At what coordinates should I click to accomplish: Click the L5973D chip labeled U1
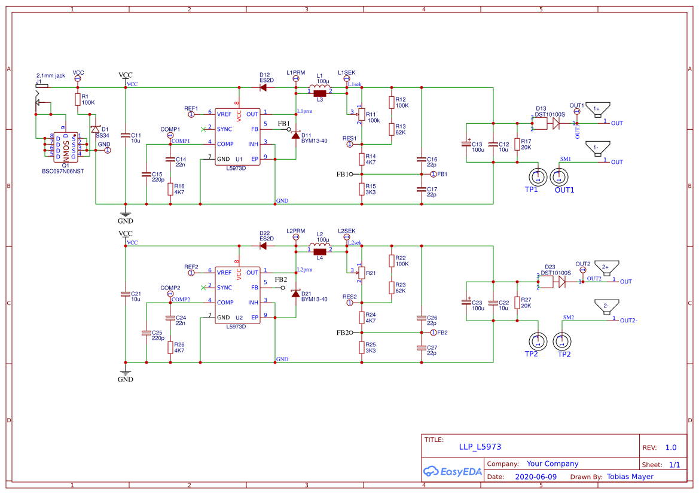[237, 136]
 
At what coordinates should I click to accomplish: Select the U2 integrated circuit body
[237, 295]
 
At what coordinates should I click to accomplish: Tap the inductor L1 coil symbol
[319, 90]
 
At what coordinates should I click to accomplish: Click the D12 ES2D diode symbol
[263, 87]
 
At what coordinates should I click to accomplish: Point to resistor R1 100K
[77, 99]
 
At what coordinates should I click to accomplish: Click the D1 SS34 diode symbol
[96, 130]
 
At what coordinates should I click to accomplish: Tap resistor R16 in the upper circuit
[170, 189]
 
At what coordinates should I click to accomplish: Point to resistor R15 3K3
[362, 189]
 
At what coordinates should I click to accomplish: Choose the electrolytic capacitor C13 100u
[466, 144]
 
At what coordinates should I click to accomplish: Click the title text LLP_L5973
[480, 447]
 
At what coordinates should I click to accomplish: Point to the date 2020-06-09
[535, 477]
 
